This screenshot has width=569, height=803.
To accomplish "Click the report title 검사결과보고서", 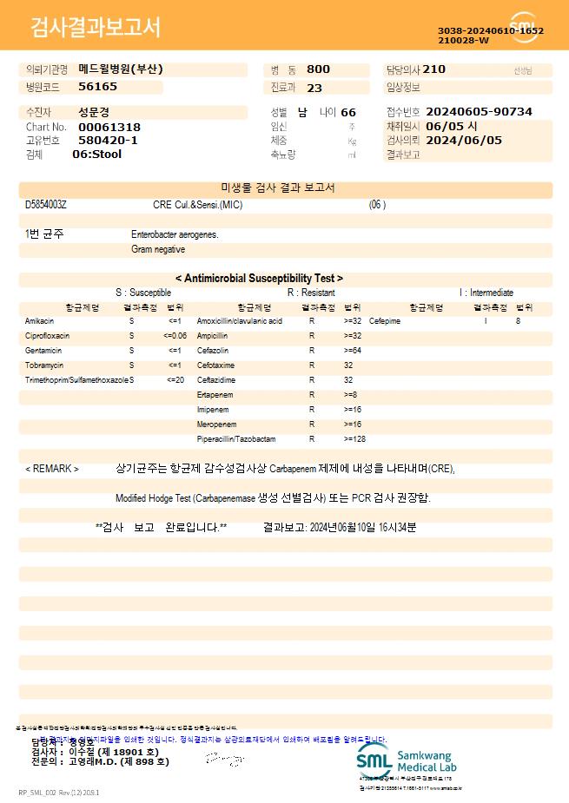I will click(96, 28).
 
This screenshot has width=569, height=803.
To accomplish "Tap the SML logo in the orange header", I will click(524, 27).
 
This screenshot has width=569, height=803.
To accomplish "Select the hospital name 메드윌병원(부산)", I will click(120, 69).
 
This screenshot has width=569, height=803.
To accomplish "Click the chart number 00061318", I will click(109, 127).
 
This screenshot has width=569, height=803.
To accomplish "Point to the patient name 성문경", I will click(95, 112).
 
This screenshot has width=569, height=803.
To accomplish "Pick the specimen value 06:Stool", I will click(96, 155).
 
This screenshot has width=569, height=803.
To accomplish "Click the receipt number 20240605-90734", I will click(480, 112).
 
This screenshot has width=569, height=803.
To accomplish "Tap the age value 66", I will click(348, 113).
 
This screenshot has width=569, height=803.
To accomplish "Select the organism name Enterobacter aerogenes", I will click(175, 234).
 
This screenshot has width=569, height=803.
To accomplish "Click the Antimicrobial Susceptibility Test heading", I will click(259, 279).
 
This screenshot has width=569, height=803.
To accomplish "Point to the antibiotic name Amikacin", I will click(39, 321).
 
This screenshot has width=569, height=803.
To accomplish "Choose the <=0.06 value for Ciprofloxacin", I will click(175, 336).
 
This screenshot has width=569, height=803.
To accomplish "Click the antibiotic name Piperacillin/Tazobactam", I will click(236, 439).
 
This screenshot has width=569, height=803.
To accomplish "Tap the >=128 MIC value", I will click(354, 439).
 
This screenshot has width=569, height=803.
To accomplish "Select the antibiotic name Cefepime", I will click(385, 321).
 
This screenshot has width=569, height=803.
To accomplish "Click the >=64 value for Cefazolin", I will click(352, 351).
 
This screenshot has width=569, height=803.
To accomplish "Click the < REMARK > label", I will click(52, 469).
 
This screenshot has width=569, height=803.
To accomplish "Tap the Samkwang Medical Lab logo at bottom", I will click(407, 761).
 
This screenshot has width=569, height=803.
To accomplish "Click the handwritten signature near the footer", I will click(224, 760).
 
